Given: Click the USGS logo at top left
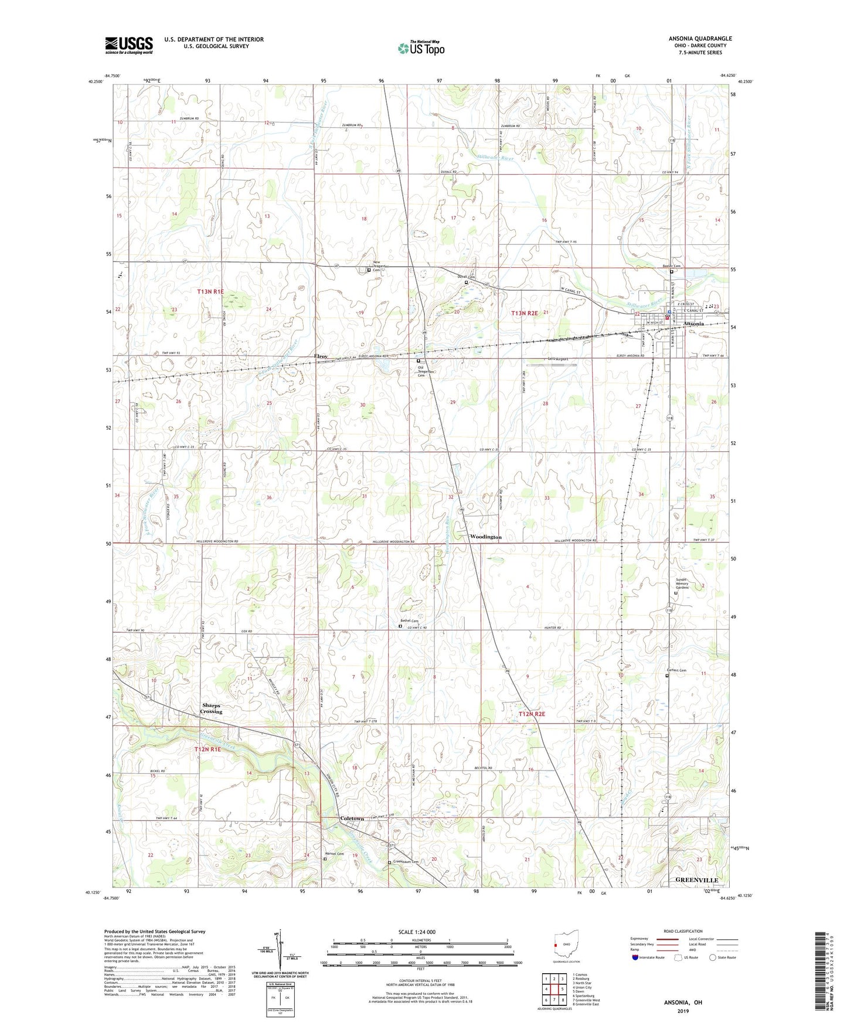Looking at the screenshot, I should pos(128,45).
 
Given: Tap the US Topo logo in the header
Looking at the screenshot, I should pos(420,49).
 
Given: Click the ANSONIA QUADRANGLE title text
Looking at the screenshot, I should pos(700,39).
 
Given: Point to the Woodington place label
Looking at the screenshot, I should pos(485,537).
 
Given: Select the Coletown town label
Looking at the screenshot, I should pos(352,819).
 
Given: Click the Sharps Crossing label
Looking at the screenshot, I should pos(212,708).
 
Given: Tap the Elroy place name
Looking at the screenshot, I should pos(321,356).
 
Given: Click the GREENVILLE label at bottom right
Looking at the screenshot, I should pos(696,880).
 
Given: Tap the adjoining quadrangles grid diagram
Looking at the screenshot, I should pos(554,991).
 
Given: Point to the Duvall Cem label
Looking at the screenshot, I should pos(467,277).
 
